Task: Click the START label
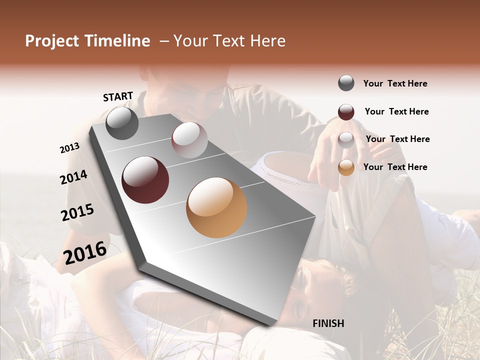click(x=118, y=96)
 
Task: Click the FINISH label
click(x=328, y=323)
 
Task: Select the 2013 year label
click(x=70, y=148)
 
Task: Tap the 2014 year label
click(x=74, y=177)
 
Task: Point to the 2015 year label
click(x=77, y=212)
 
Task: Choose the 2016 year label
click(x=85, y=252)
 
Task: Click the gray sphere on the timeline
click(x=122, y=123)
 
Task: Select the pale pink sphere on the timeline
click(x=189, y=140)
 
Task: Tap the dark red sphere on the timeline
click(x=145, y=180)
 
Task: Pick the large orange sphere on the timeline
click(x=216, y=207)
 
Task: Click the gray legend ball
click(x=346, y=83)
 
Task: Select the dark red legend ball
click(x=346, y=112)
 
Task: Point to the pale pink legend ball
click(x=346, y=140)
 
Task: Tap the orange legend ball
click(x=346, y=168)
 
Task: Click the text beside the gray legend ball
click(x=395, y=83)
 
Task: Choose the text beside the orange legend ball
click(x=395, y=167)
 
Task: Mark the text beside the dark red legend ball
click(x=396, y=111)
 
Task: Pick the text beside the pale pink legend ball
click(x=397, y=139)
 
